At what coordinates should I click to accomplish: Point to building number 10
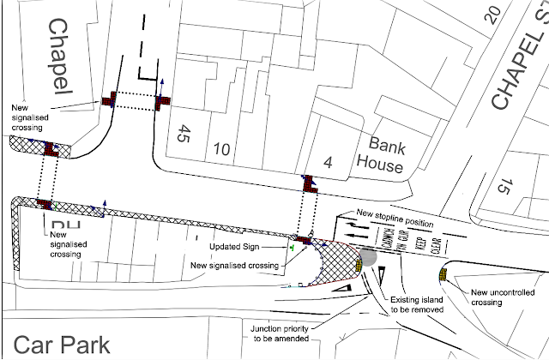[220, 150]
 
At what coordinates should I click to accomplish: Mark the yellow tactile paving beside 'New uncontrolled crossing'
[443, 274]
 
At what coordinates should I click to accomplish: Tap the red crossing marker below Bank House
[308, 183]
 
